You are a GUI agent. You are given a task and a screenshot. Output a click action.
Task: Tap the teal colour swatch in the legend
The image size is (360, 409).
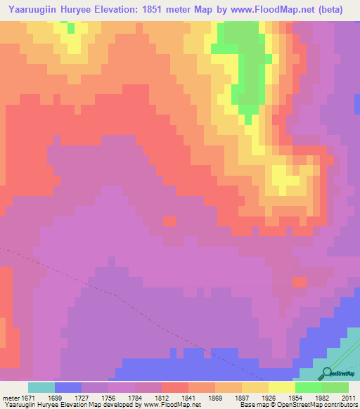41,387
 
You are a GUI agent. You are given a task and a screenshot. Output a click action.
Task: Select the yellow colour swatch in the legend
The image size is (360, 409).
281,387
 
